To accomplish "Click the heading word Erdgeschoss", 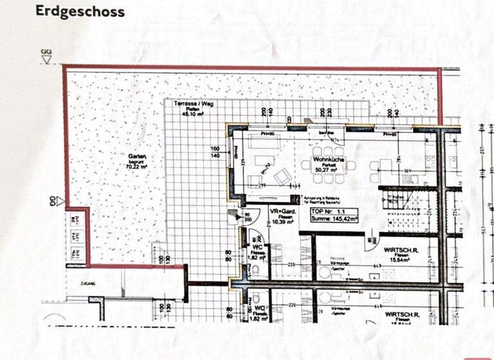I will pos(80,12).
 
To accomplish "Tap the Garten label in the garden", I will pos(137,157).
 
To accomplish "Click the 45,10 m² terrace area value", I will pos(190,113).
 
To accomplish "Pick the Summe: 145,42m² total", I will pos(334,219).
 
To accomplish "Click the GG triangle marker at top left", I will pos(46,60).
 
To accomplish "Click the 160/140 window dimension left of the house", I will pos(216,153).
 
